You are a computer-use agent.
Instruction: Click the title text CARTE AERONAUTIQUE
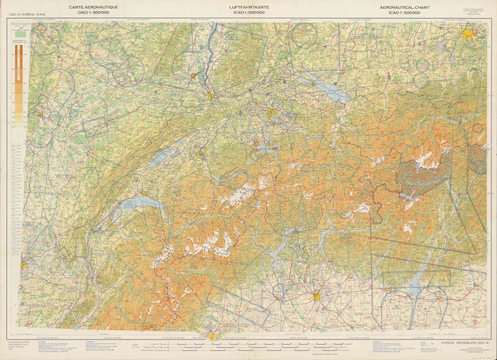pos(93,7)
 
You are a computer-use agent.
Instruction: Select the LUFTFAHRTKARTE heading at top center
pos(248,7)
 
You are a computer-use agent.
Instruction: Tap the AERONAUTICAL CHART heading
pos(404,7)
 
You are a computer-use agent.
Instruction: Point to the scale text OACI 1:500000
pos(93,13)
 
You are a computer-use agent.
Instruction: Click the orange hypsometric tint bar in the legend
pos(19,82)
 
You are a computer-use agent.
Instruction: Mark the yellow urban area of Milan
pos(316,295)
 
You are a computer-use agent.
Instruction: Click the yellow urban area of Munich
pos(468,34)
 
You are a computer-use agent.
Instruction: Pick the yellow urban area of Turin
pos(213,336)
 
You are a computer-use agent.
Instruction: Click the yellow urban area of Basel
pos(209,95)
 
